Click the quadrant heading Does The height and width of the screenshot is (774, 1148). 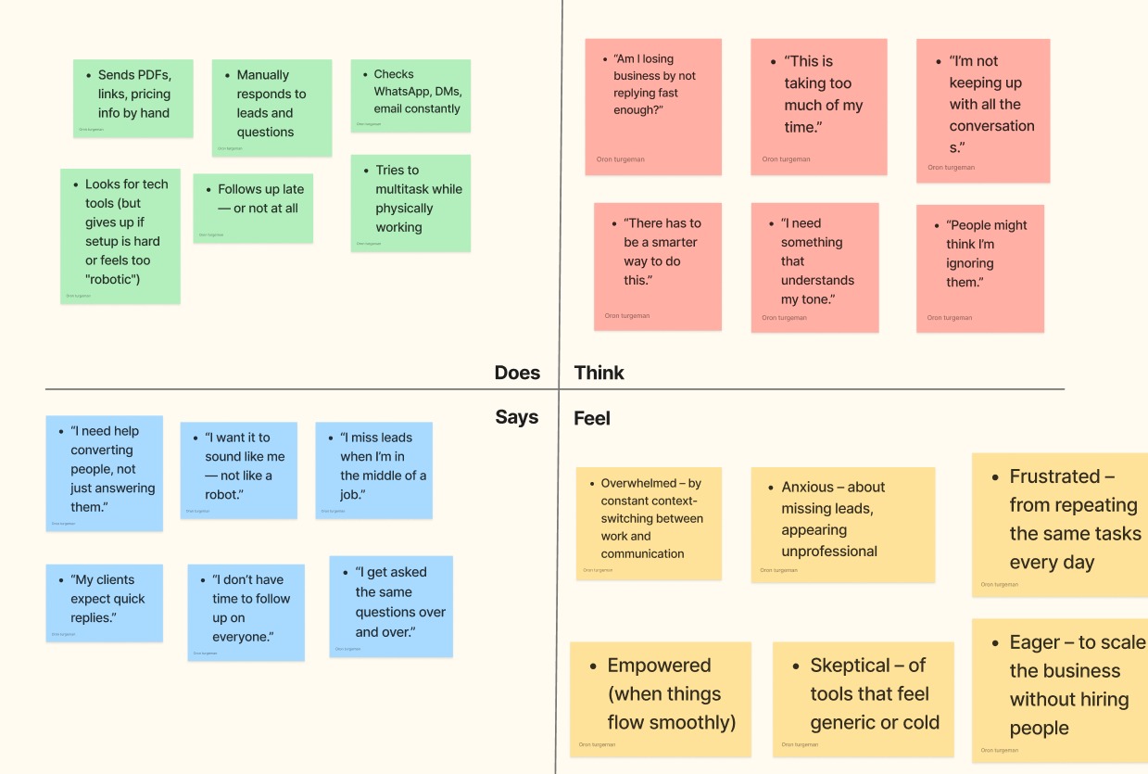click(x=517, y=373)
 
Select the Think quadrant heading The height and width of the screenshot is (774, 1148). click(x=599, y=373)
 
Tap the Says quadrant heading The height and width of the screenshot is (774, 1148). click(x=516, y=417)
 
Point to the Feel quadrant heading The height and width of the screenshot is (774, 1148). click(x=592, y=418)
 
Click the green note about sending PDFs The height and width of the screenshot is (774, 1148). click(x=133, y=97)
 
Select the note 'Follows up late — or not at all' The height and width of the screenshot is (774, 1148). click(x=253, y=207)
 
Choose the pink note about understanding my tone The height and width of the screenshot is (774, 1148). click(x=814, y=266)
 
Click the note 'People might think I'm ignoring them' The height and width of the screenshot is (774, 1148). click(x=979, y=267)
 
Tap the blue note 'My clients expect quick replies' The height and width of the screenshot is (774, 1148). click(x=104, y=603)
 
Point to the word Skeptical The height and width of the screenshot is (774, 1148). click(x=850, y=666)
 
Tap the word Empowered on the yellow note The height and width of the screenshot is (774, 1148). click(x=659, y=666)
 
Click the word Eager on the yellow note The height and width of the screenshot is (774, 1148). click(x=1035, y=642)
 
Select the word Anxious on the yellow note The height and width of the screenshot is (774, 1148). click(x=806, y=487)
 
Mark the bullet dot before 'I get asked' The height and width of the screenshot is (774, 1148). click(x=346, y=574)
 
